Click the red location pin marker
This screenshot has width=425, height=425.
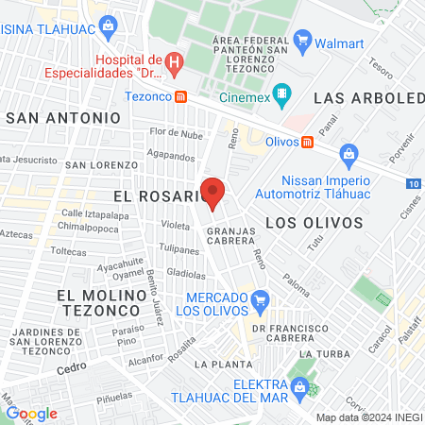pos(213,193)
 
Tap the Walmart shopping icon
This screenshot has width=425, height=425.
pos(303,40)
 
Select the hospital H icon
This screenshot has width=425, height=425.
pos(173,63)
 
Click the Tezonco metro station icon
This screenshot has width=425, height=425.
pos(192,96)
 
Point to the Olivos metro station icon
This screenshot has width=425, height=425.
pos(307,142)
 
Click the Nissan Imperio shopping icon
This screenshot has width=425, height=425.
pos(348,153)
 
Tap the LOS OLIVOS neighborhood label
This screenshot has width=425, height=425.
pos(314,223)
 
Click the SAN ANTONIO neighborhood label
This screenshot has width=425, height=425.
pos(64,118)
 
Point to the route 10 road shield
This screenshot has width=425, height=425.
pos(416,183)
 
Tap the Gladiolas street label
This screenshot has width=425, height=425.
pos(185,272)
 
